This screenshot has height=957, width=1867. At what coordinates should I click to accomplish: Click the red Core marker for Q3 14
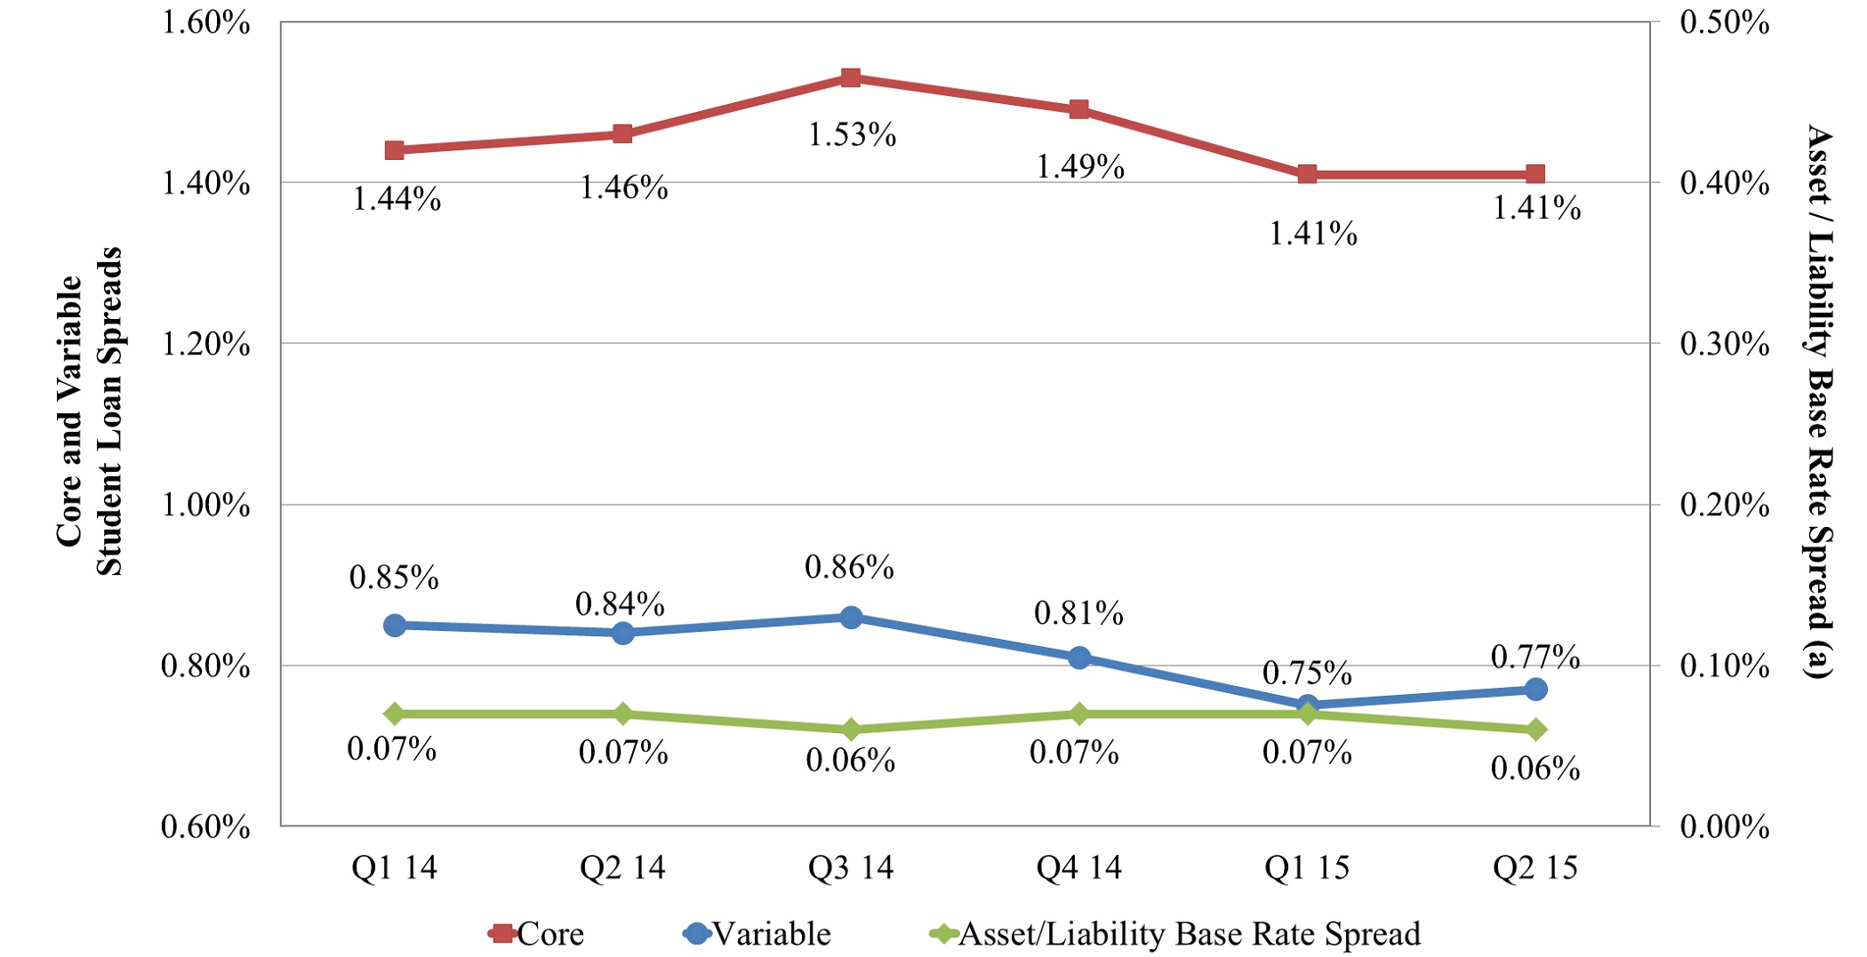click(851, 78)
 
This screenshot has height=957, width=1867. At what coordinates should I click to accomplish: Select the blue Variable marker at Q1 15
click(1307, 706)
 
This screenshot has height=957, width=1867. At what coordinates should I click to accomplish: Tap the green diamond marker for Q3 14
click(851, 730)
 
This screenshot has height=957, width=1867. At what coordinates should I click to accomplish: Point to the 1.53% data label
click(852, 135)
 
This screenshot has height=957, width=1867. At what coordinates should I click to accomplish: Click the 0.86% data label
click(849, 567)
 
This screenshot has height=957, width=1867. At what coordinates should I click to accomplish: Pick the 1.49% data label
click(1080, 166)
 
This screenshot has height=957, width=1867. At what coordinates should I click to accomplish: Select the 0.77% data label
click(1535, 658)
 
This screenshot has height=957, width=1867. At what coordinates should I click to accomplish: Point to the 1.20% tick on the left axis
click(205, 344)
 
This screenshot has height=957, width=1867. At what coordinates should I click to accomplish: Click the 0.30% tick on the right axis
click(1724, 344)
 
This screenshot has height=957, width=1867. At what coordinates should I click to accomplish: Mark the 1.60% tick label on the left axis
click(205, 22)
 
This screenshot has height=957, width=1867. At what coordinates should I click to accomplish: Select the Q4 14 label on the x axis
click(1079, 867)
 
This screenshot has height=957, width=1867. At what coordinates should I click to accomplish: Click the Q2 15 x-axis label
click(1535, 867)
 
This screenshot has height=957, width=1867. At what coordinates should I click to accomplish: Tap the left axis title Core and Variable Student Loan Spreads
click(89, 411)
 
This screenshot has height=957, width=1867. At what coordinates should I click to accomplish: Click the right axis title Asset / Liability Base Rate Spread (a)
click(1820, 402)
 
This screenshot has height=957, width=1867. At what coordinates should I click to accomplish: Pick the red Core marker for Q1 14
click(395, 150)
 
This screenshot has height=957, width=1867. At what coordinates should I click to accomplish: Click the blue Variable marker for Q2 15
click(1535, 690)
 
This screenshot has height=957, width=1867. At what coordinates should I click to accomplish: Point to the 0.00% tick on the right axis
click(1724, 826)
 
